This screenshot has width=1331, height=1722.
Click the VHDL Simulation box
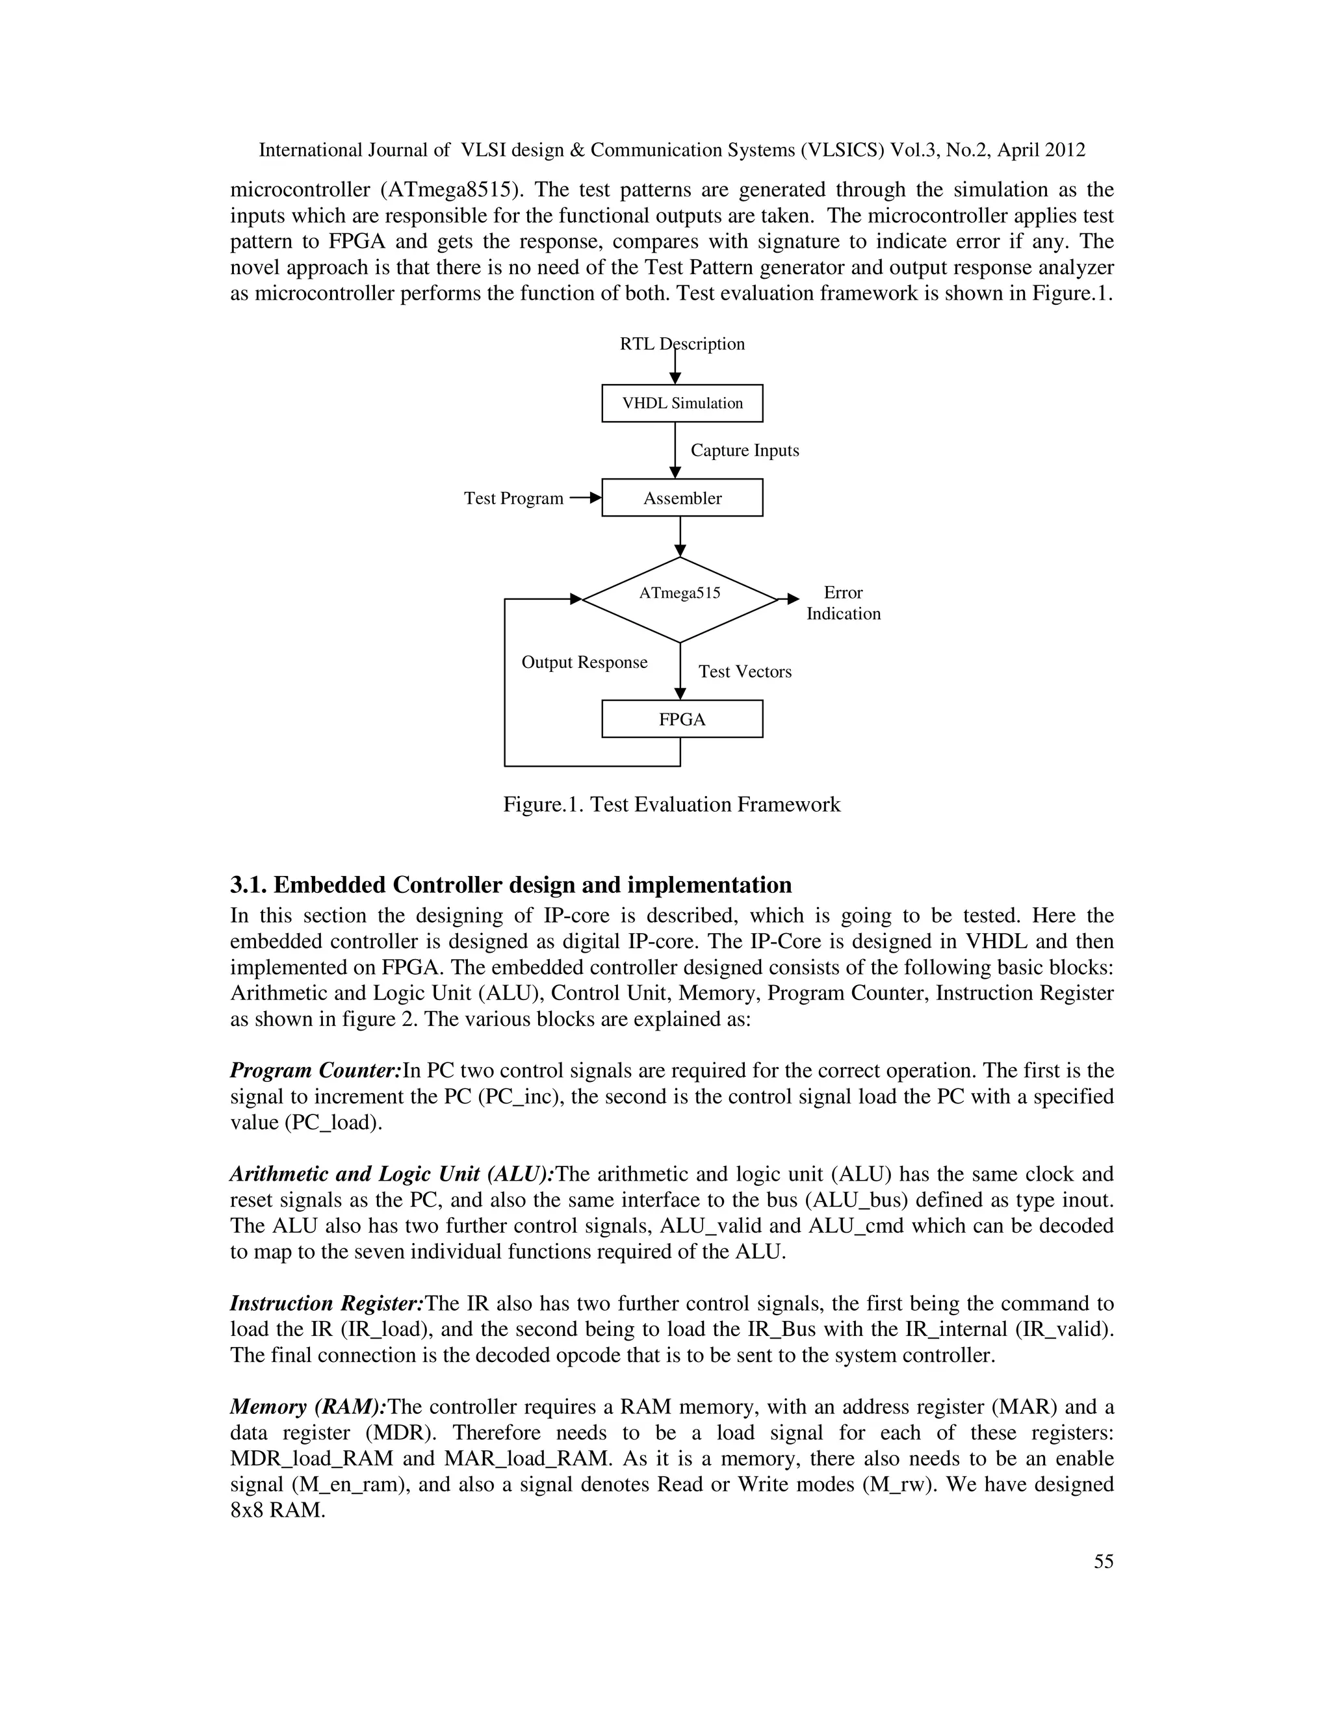682,403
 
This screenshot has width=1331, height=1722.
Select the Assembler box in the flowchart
682,498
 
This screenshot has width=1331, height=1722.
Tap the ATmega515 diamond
680,599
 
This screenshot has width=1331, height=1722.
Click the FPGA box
682,719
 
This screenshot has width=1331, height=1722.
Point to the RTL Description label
682,344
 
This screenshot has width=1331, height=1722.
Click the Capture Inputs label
744,450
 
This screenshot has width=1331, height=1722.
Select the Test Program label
513,498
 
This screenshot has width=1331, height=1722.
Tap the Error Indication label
843,603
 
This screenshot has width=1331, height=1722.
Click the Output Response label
584,662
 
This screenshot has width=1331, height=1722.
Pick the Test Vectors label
744,672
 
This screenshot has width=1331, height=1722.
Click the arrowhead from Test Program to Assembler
595,498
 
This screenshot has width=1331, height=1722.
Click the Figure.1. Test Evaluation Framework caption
672,804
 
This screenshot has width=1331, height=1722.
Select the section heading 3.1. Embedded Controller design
511,884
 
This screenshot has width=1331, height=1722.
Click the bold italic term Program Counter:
315,1071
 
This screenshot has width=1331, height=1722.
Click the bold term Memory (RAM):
307,1407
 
